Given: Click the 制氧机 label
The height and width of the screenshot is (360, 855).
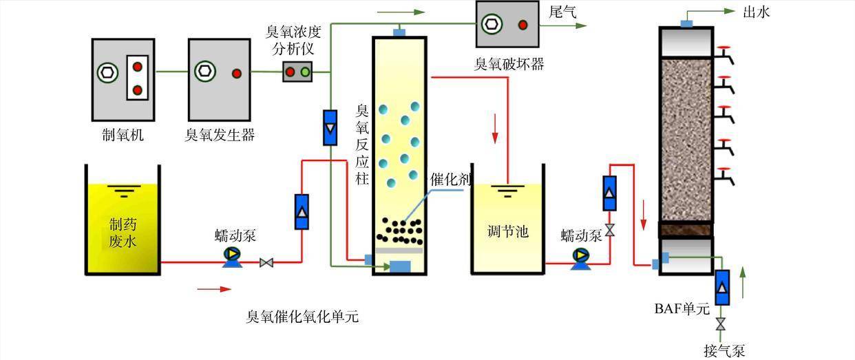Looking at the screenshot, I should (x=123, y=135).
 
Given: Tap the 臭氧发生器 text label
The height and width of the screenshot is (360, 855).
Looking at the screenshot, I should (x=220, y=135).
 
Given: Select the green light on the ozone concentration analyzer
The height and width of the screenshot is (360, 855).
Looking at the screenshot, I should (x=305, y=72).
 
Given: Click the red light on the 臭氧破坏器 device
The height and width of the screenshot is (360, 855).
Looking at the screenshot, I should (x=522, y=25).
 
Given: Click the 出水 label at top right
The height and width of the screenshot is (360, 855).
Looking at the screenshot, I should (x=756, y=12).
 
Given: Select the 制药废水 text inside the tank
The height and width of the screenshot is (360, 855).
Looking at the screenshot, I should (x=123, y=233).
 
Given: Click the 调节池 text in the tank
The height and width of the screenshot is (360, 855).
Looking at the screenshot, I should (x=507, y=231).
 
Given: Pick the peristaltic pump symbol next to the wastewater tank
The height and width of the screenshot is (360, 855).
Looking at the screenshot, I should (x=232, y=255).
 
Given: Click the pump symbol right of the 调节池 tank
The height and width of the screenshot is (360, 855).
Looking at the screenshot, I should (x=580, y=256).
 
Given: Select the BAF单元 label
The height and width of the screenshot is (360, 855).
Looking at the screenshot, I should (x=682, y=308).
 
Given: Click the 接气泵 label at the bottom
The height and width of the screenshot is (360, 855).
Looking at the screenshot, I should (x=724, y=350).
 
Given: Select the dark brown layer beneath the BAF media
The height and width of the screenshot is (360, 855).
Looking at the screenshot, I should (x=686, y=229).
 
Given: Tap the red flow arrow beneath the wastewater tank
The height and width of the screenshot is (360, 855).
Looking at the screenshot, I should (x=214, y=289).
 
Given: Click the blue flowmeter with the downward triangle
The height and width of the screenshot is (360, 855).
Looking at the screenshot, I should (x=330, y=127).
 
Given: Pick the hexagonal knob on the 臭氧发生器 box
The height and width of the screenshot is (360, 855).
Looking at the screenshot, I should (x=204, y=71).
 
